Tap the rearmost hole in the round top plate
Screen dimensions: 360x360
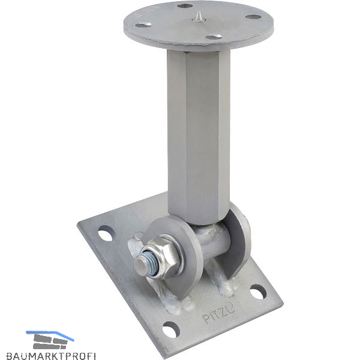coord(185,6)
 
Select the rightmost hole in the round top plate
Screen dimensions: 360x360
coord(253,17)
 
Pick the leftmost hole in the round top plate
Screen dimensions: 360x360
coord(143,25)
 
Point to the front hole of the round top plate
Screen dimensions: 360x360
coord(214,37)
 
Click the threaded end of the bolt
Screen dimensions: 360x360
coord(146,265)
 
